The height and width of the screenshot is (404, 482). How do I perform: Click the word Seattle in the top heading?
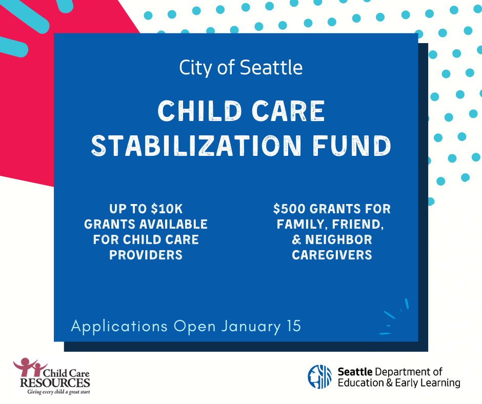click(x=273, y=68)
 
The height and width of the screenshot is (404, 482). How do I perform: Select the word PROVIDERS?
click(x=146, y=255)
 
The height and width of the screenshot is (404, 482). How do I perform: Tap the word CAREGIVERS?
click(x=332, y=255)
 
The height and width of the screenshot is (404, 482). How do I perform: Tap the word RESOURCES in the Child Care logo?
click(x=55, y=382)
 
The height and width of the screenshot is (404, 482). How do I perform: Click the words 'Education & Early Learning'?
click(x=398, y=382)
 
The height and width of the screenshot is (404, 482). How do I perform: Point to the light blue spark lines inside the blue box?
click(x=396, y=315)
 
